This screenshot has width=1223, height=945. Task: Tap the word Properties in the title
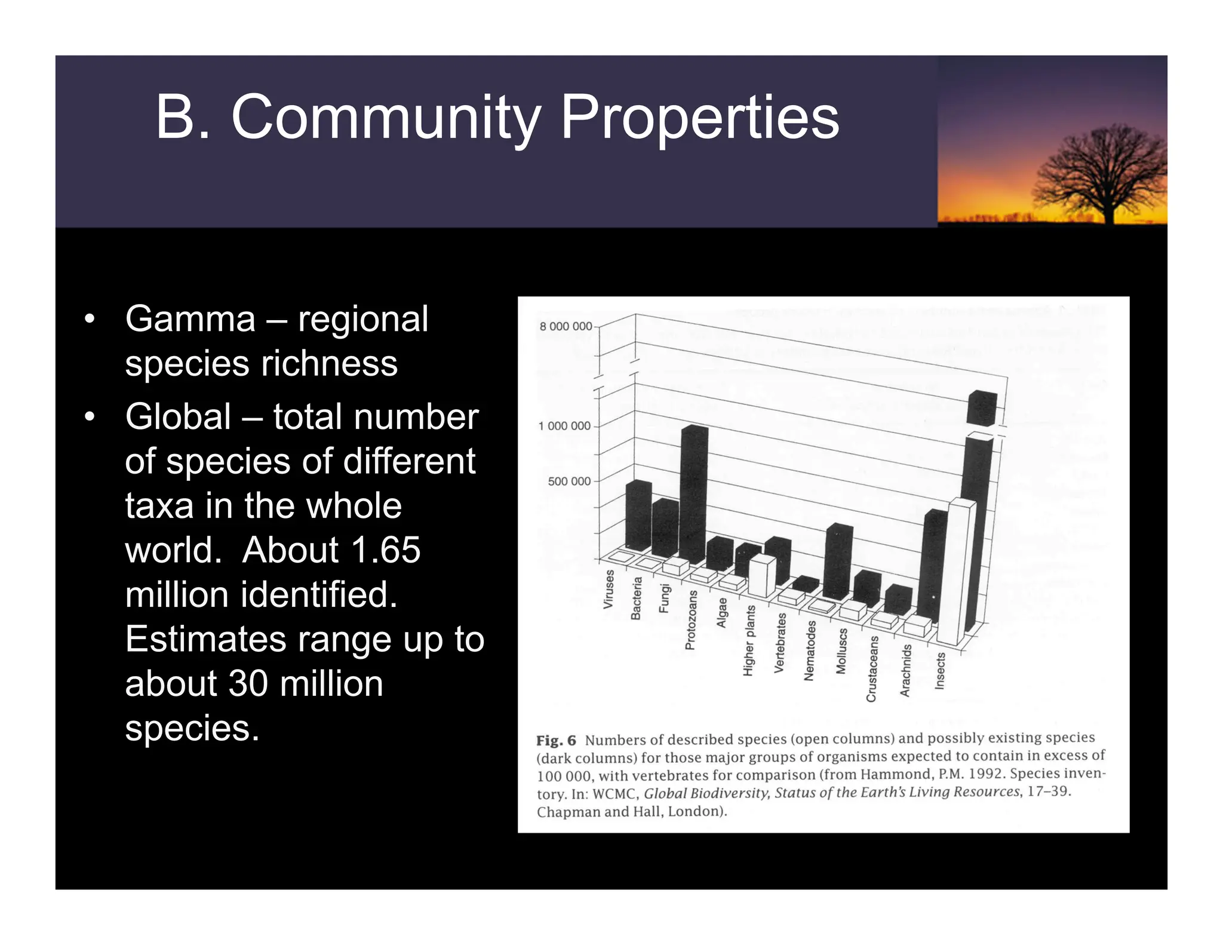click(699, 118)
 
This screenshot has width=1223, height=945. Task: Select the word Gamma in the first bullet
click(190, 319)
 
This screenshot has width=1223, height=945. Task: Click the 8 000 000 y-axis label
click(566, 327)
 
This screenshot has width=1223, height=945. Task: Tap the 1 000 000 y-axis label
click(564, 426)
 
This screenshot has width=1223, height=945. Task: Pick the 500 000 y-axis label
click(569, 481)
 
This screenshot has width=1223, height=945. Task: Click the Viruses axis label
click(609, 589)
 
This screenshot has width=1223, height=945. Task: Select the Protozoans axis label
click(690, 620)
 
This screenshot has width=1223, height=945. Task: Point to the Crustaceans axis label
click(872, 668)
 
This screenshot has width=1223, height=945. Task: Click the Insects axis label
click(940, 671)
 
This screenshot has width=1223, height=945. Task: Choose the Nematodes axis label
click(810, 651)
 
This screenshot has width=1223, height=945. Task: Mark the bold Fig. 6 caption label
click(556, 741)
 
